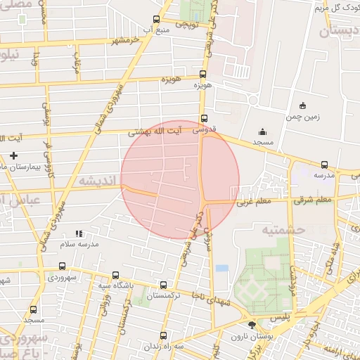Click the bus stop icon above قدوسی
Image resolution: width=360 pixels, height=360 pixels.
click(x=204, y=119)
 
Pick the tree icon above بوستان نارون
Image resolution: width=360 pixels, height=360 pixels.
click(x=252, y=324)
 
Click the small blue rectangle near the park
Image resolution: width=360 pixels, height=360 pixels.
click(x=222, y=269)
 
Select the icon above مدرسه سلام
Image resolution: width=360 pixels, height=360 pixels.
click(x=79, y=233)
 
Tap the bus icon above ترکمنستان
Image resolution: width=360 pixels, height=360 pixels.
click(x=163, y=285)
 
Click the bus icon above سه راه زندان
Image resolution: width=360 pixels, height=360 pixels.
click(x=163, y=335)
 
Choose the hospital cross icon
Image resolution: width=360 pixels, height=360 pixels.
click(x=13, y=155)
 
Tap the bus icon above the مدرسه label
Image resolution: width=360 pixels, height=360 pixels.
click(x=324, y=165)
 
